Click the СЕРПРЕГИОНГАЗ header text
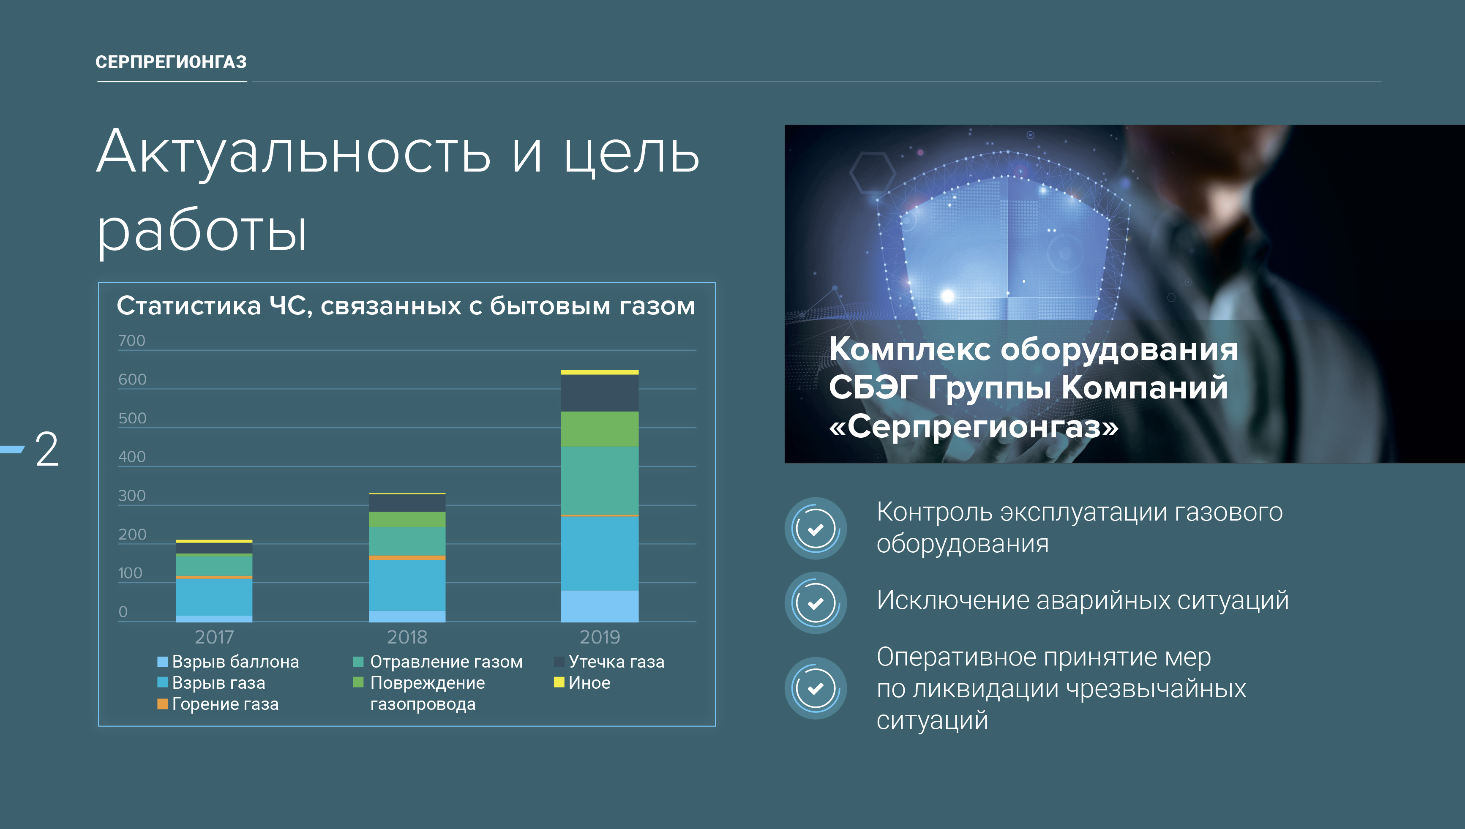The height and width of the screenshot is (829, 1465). pyautogui.click(x=171, y=62)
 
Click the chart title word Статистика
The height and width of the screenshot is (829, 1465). pyautogui.click(x=188, y=306)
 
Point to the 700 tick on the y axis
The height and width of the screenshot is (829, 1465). pyautogui.click(x=131, y=341)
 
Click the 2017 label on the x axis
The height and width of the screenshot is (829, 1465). pyautogui.click(x=214, y=637)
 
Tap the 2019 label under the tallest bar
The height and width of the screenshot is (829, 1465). pyautogui.click(x=600, y=637)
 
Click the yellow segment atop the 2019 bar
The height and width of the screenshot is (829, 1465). pyautogui.click(x=600, y=372)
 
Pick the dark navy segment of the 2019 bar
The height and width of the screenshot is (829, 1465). pyautogui.click(x=600, y=393)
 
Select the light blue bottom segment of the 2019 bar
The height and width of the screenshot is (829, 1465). pyautogui.click(x=600, y=606)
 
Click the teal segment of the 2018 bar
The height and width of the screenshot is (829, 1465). pyautogui.click(x=407, y=541)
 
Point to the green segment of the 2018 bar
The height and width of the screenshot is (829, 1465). pyautogui.click(x=407, y=519)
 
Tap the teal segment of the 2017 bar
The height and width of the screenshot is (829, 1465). pyautogui.click(x=214, y=565)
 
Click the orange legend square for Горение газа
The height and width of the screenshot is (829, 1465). pyautogui.click(x=162, y=704)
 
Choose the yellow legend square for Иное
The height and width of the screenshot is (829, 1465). pyautogui.click(x=559, y=682)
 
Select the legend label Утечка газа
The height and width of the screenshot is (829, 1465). pyautogui.click(x=617, y=662)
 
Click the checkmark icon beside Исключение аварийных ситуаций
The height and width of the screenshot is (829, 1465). pyautogui.click(x=816, y=603)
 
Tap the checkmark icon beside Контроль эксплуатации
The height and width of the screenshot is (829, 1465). pyautogui.click(x=816, y=529)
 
